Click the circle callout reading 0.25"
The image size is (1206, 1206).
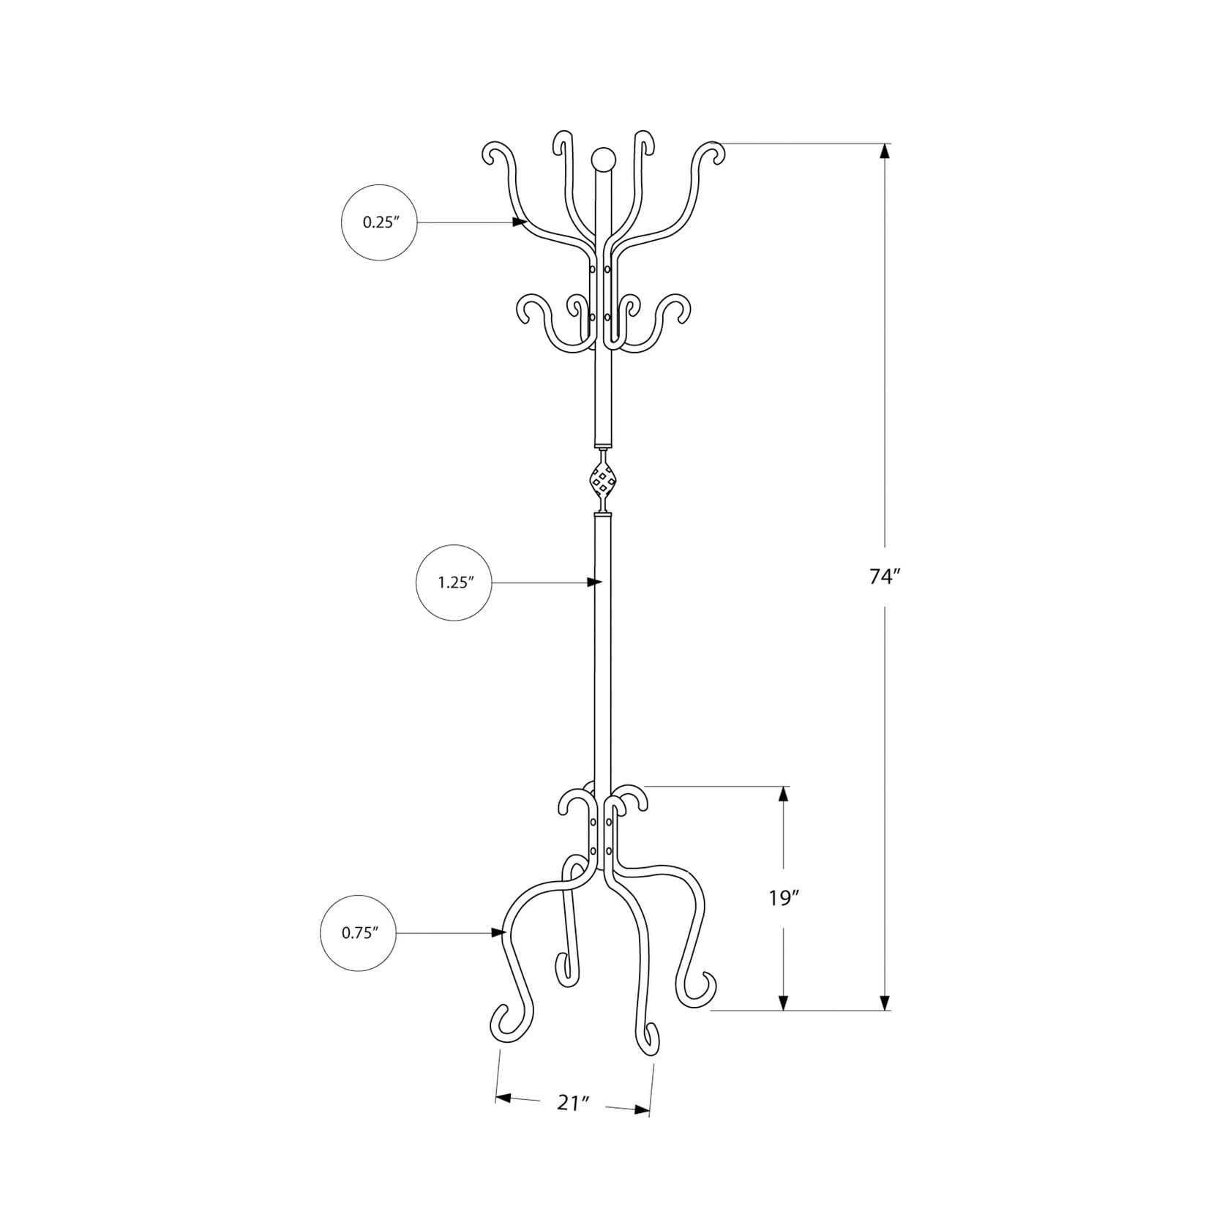[379, 222]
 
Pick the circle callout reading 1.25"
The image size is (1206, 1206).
[454, 583]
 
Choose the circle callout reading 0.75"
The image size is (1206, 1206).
[359, 933]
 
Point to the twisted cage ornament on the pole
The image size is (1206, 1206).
[602, 481]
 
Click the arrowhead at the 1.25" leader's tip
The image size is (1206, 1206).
[594, 583]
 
